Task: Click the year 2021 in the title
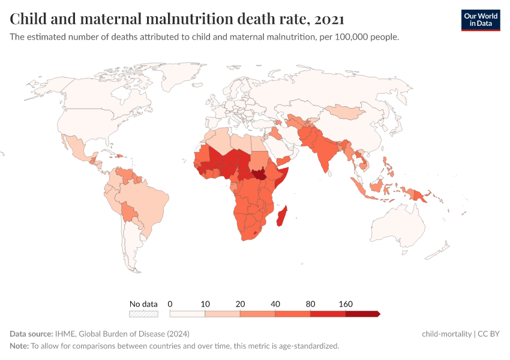[x=329, y=19]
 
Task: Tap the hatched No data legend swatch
[x=143, y=313]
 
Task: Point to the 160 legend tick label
[x=346, y=304]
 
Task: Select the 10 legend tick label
[x=205, y=304]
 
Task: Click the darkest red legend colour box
[x=362, y=313]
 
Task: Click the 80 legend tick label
[x=311, y=304]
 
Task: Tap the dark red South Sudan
[x=259, y=175]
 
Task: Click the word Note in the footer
[x=19, y=346]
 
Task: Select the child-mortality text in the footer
[x=446, y=334]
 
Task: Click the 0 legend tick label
[x=170, y=304]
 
